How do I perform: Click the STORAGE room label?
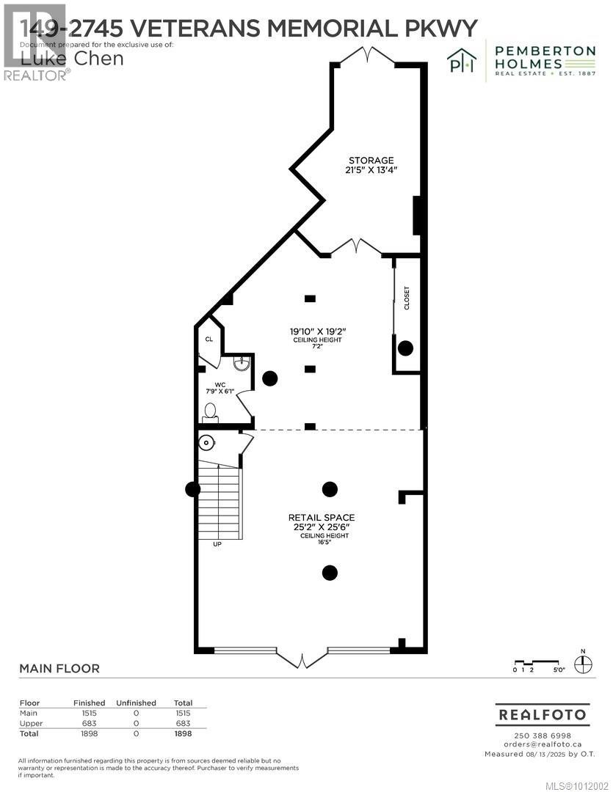(371, 161)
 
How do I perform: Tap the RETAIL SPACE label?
(322, 517)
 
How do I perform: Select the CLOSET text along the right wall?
(407, 298)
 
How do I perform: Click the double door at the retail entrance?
(302, 657)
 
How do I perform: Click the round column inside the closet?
(405, 348)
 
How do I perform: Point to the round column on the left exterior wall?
(193, 489)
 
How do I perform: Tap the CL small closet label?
(209, 340)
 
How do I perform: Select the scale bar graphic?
(537, 664)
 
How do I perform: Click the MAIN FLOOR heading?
(59, 669)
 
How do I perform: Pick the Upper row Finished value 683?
(89, 723)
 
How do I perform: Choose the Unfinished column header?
(136, 703)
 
